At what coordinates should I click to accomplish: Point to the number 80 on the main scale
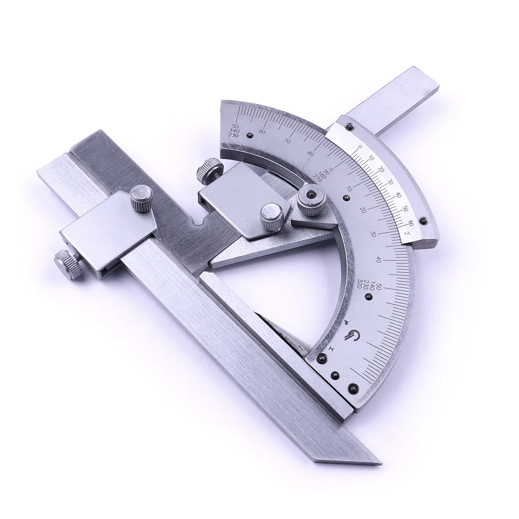tap(310, 154)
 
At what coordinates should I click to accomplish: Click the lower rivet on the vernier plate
tap(423, 220)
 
